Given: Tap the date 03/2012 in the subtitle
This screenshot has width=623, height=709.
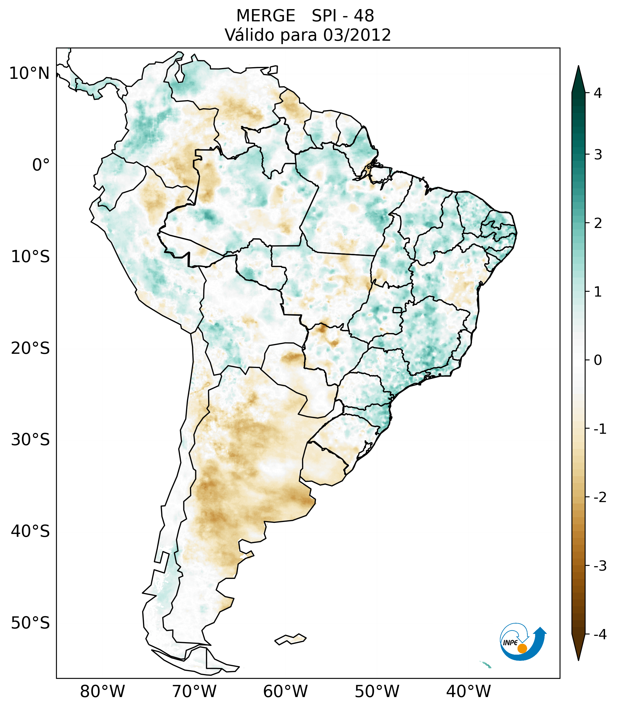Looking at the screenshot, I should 357,35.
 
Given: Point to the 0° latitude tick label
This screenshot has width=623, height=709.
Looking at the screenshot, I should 41,165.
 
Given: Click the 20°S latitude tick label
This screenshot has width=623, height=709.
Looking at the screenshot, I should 30,348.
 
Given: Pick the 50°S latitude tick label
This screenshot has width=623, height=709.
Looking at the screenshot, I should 30,623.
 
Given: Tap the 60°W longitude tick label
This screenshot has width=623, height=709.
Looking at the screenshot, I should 285,692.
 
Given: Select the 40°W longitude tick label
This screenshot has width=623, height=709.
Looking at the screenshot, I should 469,692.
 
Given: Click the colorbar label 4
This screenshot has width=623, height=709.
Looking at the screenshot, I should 598,93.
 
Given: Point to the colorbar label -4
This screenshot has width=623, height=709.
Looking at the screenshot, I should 600,635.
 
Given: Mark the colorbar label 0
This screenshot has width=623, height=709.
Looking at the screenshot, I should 598,360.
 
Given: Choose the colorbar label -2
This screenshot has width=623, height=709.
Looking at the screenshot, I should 600,498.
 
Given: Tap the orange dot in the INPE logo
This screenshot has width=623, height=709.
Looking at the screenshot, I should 522,649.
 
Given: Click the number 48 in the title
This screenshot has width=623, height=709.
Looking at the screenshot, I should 364,16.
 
